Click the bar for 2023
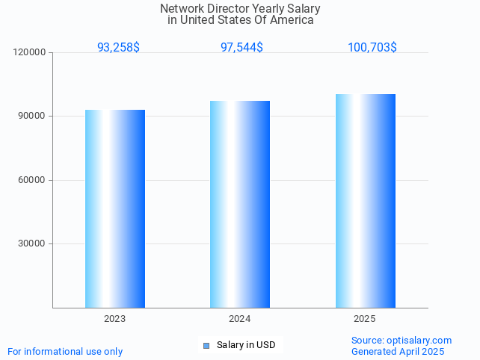[x=115, y=208]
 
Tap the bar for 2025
[x=365, y=201]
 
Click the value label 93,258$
[x=118, y=47]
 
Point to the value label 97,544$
[x=241, y=47]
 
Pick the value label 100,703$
[x=372, y=47]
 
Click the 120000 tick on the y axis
[x=31, y=52]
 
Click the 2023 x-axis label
[x=115, y=319]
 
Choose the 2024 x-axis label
[x=240, y=319]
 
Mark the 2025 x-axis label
[x=365, y=319]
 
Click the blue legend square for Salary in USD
[x=206, y=345]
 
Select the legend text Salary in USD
[x=246, y=345]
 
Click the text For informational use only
[x=65, y=351]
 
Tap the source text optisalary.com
[x=419, y=340]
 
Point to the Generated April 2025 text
[x=398, y=351]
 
